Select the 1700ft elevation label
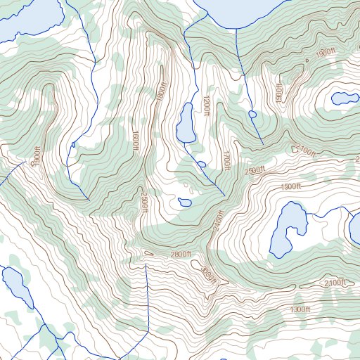click(226, 161)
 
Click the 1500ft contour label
click(290, 186)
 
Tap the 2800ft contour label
click(179, 253)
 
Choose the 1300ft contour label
click(300, 309)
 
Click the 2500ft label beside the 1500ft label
click(255, 171)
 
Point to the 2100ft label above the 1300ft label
click(335, 283)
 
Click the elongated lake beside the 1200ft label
click(186, 122)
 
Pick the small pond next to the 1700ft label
click(202, 165)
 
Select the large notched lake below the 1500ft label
click(288, 229)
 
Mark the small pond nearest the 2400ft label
click(185, 202)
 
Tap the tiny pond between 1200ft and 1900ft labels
click(252, 114)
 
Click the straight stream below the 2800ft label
click(146, 295)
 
